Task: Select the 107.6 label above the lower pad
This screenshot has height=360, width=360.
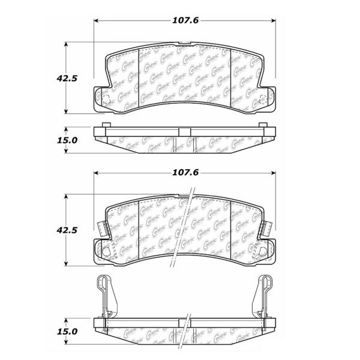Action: point(185,173)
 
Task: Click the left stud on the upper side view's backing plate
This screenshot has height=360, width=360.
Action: point(106,125)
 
